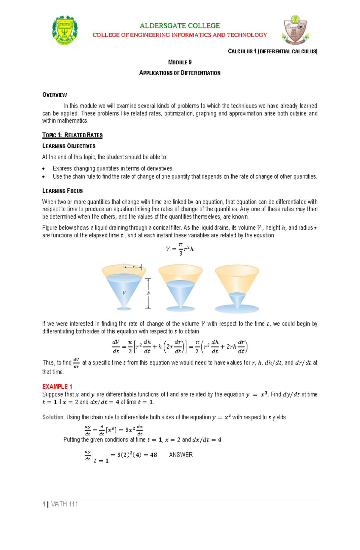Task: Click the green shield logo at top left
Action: (x=65, y=30)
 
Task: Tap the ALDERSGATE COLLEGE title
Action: (x=180, y=26)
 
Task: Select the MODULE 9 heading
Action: (x=180, y=62)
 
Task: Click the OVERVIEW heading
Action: (x=55, y=95)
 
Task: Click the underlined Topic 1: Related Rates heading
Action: (x=72, y=135)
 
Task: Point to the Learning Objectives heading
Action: (x=69, y=146)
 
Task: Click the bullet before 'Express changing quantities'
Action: (x=44, y=169)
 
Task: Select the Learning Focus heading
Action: (x=62, y=191)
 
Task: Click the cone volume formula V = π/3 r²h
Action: (x=180, y=249)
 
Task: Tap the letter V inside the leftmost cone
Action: (x=124, y=293)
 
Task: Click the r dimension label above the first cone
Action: (x=133, y=267)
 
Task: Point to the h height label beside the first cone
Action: (x=148, y=293)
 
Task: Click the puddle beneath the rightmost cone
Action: (x=237, y=308)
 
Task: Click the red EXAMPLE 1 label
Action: (x=57, y=387)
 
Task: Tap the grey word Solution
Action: (x=53, y=417)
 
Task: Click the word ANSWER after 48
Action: (x=181, y=455)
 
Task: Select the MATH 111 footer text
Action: (x=64, y=504)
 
